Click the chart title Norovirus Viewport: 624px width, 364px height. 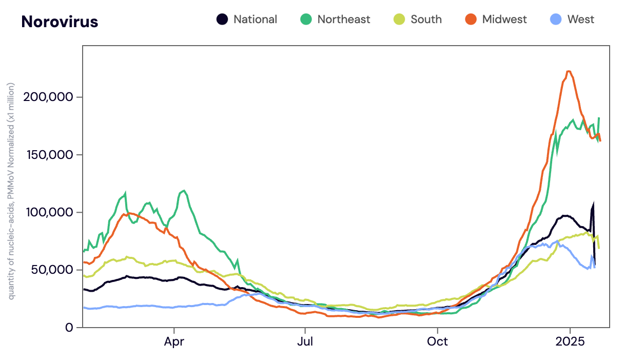[x=60, y=22]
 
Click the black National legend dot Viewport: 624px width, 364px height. [x=222, y=19]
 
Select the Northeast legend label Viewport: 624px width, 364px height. [x=343, y=19]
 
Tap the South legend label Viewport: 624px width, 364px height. [x=426, y=19]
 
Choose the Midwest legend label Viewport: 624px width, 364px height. [x=504, y=19]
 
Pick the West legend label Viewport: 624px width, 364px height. [x=580, y=19]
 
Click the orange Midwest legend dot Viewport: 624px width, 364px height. [x=471, y=19]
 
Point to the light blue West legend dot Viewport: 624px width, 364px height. [x=556, y=19]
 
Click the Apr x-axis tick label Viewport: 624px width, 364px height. [x=174, y=341]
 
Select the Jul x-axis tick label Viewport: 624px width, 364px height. [x=305, y=341]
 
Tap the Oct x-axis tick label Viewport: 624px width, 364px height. [x=437, y=341]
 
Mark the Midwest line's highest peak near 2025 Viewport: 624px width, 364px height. [x=569, y=71]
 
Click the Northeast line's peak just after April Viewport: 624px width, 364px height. [x=184, y=191]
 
